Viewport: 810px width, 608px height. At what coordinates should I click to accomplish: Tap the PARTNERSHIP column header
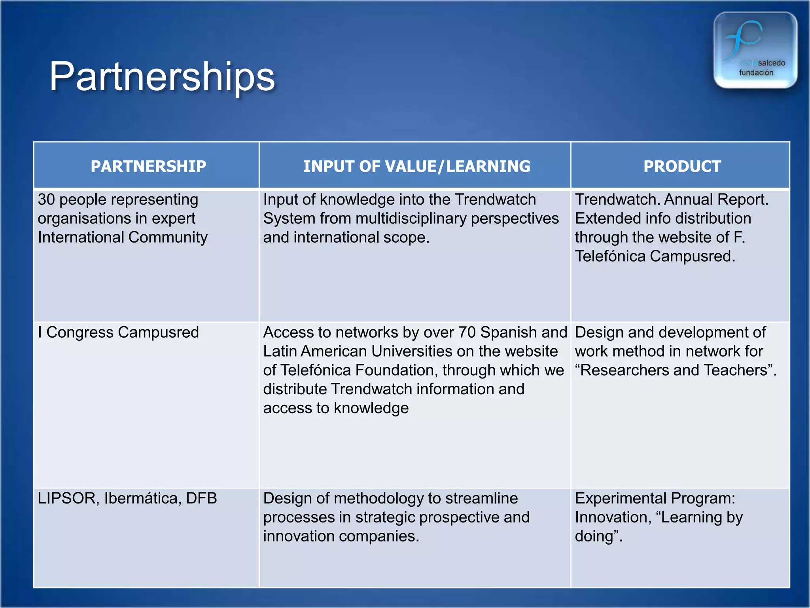pyautogui.click(x=148, y=166)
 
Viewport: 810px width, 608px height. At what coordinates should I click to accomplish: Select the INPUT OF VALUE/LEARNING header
pyautogui.click(x=416, y=166)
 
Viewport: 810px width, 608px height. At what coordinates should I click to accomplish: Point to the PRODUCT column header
pyautogui.click(x=682, y=166)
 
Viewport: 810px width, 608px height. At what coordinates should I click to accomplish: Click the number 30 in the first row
pyautogui.click(x=46, y=199)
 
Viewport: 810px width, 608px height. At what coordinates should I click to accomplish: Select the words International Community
pyautogui.click(x=123, y=237)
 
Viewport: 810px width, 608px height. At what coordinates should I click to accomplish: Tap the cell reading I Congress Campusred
pyautogui.click(x=118, y=332)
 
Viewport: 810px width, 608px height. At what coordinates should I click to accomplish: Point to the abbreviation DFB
pyautogui.click(x=201, y=498)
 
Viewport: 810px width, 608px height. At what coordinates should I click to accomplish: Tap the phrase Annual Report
pyautogui.click(x=716, y=199)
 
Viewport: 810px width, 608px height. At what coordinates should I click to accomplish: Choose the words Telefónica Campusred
pyautogui.click(x=655, y=256)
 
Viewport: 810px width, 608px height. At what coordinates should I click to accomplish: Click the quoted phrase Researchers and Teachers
pyautogui.click(x=676, y=370)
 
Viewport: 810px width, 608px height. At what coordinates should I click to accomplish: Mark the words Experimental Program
pyautogui.click(x=655, y=498)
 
